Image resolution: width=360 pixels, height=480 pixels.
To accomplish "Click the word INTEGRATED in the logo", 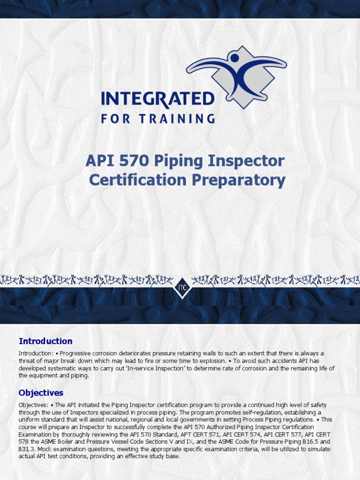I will point(157,99).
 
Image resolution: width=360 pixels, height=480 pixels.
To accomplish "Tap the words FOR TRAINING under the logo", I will point(157,119).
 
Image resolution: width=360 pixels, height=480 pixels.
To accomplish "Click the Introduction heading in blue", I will point(45,341).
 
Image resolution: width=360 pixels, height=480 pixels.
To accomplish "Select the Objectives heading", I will point(41,393).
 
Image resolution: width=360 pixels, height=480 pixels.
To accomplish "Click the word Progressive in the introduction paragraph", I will point(76,353).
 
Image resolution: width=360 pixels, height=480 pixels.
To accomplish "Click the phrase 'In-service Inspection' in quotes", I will point(155,368).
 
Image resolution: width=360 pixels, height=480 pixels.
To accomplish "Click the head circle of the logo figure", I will point(234,58).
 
